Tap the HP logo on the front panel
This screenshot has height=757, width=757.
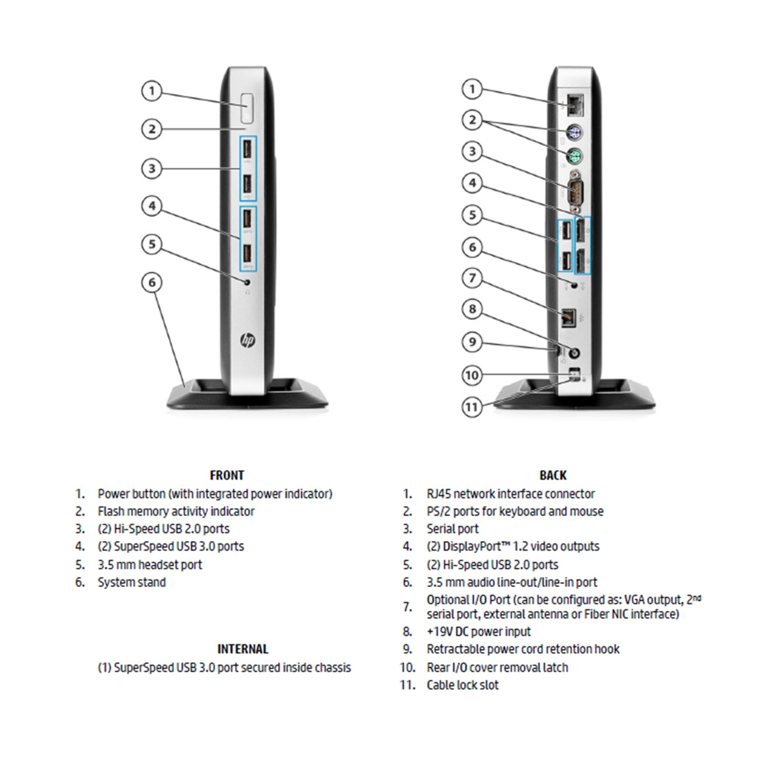[x=247, y=341]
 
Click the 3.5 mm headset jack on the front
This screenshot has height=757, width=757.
[x=247, y=282]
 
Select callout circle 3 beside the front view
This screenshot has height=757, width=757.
[x=152, y=168]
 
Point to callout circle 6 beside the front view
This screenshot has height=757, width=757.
[x=152, y=282]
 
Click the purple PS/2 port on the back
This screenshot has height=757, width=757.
[x=575, y=132]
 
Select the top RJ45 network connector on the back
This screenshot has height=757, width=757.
[x=575, y=105]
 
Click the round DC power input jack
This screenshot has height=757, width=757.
[x=575, y=354]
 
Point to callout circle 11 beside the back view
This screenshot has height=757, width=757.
[x=472, y=407]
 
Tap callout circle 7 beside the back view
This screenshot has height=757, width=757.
[x=472, y=278]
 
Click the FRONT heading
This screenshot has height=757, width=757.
[x=227, y=475]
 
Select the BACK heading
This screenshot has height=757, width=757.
[x=553, y=475]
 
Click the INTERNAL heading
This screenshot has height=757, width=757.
[x=243, y=649]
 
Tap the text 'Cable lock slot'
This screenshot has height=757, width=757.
[x=463, y=685]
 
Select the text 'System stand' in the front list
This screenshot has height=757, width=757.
[x=132, y=582]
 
